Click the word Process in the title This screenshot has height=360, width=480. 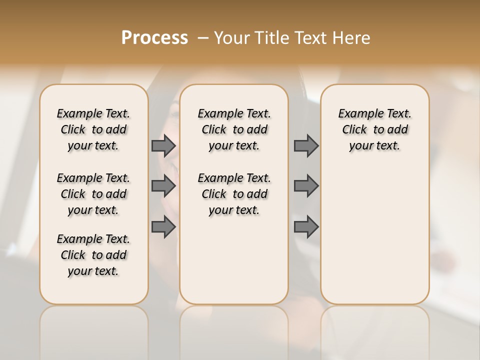click(154, 38)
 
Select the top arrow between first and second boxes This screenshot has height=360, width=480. click(163, 145)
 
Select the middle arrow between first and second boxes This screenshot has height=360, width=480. click(163, 186)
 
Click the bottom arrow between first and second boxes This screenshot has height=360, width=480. click(163, 227)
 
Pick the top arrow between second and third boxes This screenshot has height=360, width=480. click(306, 145)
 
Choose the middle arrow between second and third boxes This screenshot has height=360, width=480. click(306, 186)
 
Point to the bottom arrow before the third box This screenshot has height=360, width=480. click(306, 227)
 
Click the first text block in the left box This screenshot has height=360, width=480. click(93, 129)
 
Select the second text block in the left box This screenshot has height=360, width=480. click(93, 194)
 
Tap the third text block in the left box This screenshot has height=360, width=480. click(93, 255)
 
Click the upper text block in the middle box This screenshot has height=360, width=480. click(234, 129)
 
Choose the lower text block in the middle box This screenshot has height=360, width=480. click(234, 194)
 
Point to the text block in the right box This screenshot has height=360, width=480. click(374, 129)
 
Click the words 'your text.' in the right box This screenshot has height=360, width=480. click(374, 145)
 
